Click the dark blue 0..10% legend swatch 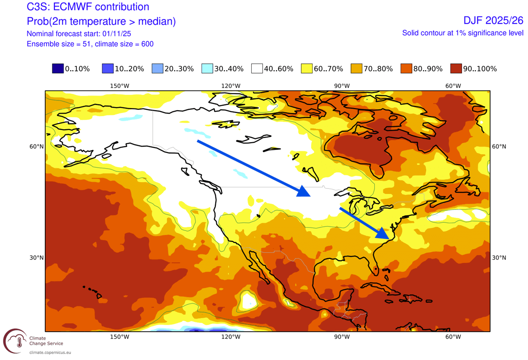[58, 68]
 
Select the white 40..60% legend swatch [257, 68]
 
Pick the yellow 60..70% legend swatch [307, 68]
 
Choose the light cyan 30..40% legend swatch [207, 68]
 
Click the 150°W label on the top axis [120, 86]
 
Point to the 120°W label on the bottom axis [231, 337]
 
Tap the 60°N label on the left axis [36, 147]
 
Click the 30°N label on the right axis [499, 258]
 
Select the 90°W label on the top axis [342, 86]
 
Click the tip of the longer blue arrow [310, 196]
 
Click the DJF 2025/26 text [493, 20]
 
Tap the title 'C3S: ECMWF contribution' [87, 7]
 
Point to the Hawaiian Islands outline [93, 291]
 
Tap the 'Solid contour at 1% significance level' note [463, 33]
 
